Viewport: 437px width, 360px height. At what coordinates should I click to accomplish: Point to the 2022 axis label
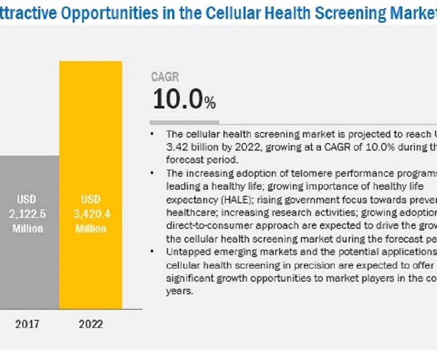[x=91, y=324]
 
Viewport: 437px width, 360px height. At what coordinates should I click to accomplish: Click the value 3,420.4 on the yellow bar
[x=91, y=214]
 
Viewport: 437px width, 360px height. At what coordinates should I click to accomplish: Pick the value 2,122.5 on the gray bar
[x=28, y=214]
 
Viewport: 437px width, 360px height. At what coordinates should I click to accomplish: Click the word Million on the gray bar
[x=28, y=228]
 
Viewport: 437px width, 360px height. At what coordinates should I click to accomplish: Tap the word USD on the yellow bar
[x=91, y=199]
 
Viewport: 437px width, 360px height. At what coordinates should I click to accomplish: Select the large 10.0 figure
[x=178, y=99]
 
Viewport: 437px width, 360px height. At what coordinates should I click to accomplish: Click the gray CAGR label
[x=165, y=77]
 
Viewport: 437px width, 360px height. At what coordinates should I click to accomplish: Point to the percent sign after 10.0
[x=210, y=103]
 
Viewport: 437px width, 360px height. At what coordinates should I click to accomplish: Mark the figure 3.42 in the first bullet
[x=176, y=147]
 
